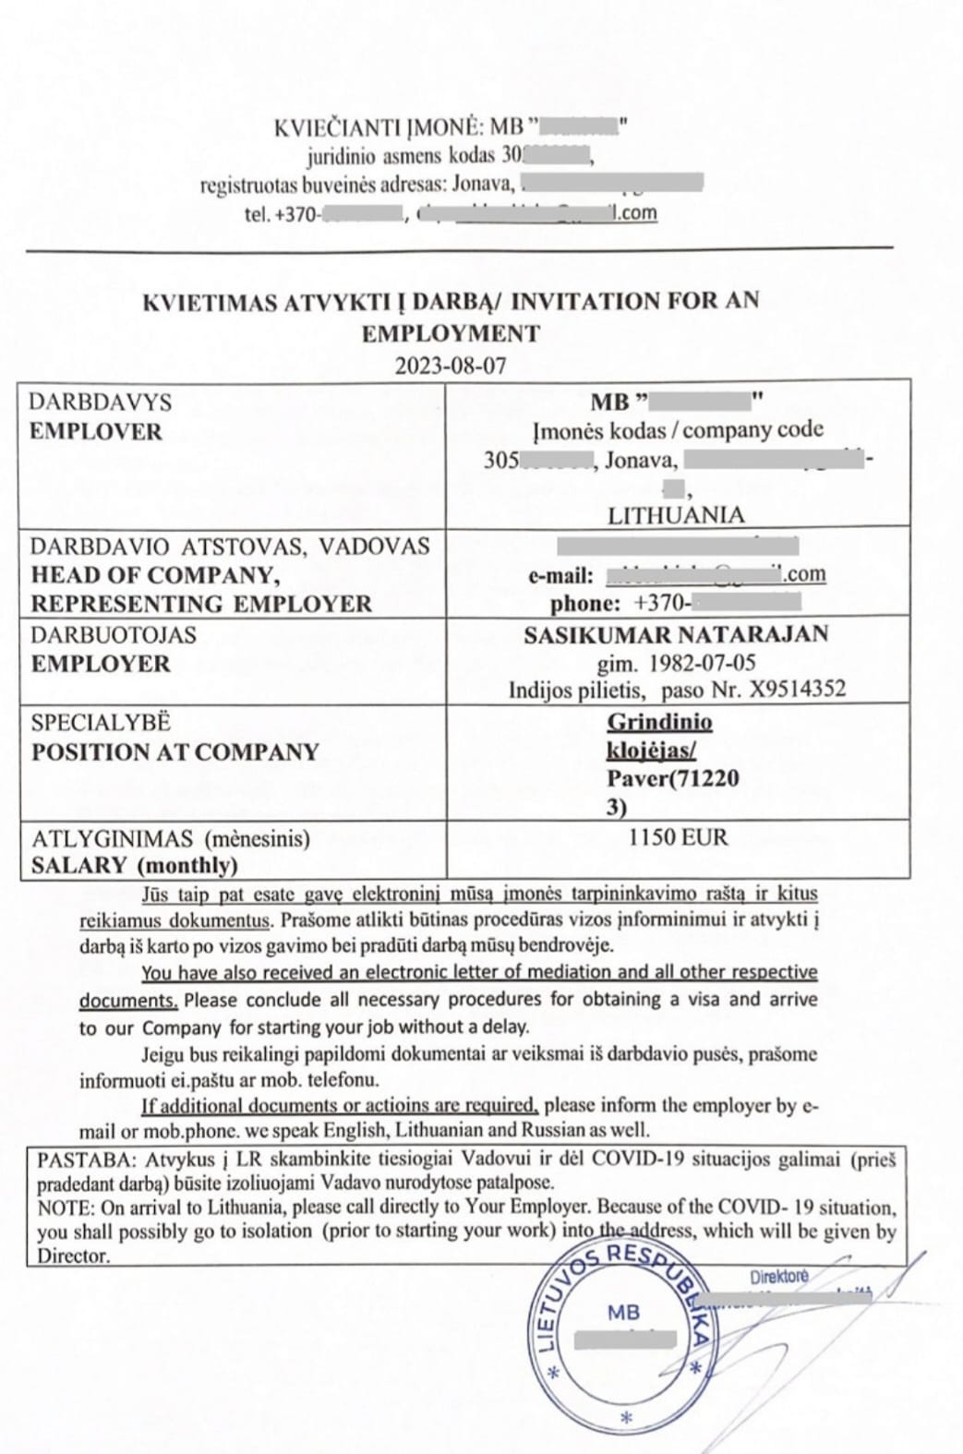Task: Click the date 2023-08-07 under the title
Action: pos(451,365)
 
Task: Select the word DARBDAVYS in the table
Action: pos(100,403)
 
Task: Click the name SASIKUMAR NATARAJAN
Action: pos(676,634)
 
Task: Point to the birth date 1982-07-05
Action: pos(701,663)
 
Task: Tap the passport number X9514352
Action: pos(792,690)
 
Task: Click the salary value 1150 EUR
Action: pos(678,837)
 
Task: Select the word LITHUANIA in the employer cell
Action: pos(676,515)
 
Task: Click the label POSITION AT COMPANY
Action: pos(175,751)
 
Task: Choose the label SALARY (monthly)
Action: pos(135,865)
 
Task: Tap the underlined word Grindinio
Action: pos(659,722)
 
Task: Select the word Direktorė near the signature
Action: pos(778,1277)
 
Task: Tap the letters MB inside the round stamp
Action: pos(623,1312)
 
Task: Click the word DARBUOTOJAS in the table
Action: pos(114,635)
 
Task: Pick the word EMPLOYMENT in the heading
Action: pos(451,333)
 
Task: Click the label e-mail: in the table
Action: pos(560,576)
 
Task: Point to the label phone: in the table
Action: pos(585,605)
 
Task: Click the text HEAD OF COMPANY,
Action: pos(155,575)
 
